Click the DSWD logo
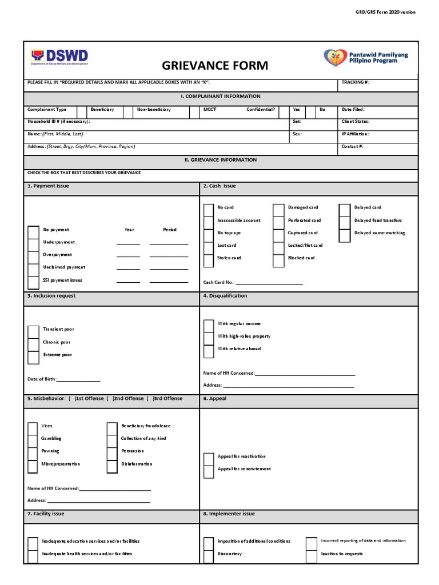coord(59,57)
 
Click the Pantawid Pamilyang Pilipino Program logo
coord(365,57)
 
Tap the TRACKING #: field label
coord(355,82)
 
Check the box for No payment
coord(34,231)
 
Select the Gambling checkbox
coord(33,440)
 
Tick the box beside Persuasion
coord(112,452)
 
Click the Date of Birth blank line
coord(78,379)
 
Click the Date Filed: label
coord(353,109)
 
